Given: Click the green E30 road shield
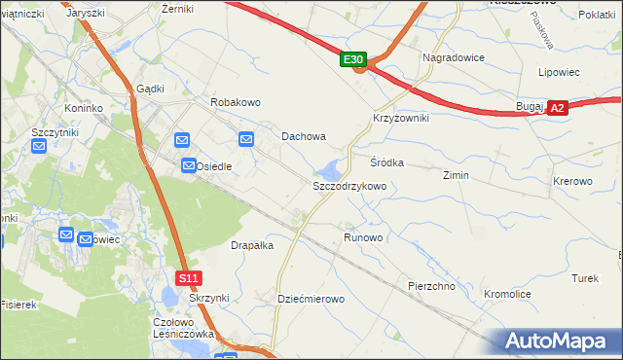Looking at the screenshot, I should (x=354, y=60).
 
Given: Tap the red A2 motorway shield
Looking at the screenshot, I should (x=557, y=109).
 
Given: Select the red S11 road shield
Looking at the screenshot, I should (x=189, y=278).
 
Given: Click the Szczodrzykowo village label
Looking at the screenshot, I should (x=349, y=186).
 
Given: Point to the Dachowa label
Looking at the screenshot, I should (x=304, y=137).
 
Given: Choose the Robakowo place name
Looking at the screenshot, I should (x=236, y=101).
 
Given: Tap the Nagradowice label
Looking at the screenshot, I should (x=454, y=57).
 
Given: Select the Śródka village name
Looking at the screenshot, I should (x=386, y=162).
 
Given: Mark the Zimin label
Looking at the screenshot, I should (x=456, y=176).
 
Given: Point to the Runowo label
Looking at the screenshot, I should (x=363, y=237).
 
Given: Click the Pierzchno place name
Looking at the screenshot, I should (x=432, y=286).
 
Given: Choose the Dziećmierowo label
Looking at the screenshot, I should (x=311, y=299).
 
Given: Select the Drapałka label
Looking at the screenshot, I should (x=252, y=246).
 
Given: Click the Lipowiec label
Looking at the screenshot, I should (x=559, y=72).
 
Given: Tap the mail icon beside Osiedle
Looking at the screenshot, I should (x=189, y=167).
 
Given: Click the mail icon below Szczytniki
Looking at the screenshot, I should (x=39, y=147).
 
